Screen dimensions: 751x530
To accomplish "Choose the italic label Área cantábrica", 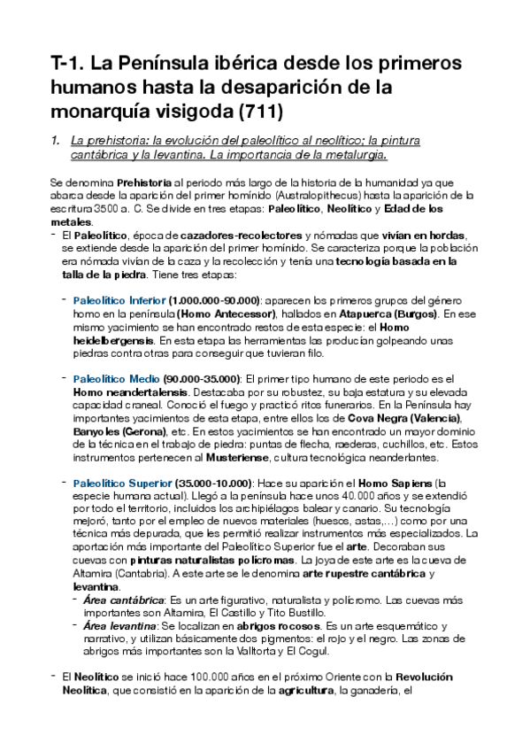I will click(122, 600).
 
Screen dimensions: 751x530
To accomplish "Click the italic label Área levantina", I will click(119, 626).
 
